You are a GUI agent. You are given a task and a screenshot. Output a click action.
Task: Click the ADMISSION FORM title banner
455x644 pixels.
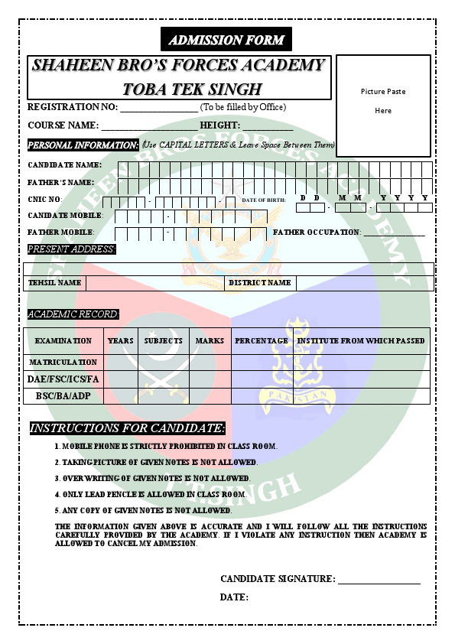coord(226,40)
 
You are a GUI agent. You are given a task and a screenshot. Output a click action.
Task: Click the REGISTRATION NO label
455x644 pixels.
coord(73,107)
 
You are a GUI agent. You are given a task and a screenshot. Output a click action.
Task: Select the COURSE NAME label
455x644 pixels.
coord(63,125)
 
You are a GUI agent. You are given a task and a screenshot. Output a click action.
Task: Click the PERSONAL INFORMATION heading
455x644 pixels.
coord(83,145)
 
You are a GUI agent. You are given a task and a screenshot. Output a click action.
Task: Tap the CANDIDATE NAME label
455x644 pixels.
coord(64,165)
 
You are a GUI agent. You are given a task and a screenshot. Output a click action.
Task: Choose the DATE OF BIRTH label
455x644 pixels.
coord(264,200)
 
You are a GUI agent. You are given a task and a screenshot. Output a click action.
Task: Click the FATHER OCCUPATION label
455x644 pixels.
coord(317,232)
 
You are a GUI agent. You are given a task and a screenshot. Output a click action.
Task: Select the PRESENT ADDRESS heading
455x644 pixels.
coord(71,249)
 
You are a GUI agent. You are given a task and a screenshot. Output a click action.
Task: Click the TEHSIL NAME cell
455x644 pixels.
coord(54,283)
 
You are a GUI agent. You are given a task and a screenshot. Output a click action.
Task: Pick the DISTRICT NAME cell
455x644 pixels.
coord(260,283)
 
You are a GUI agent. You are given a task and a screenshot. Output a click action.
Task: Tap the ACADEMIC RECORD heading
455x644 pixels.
coord(73,314)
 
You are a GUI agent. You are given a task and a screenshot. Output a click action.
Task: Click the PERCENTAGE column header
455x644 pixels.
coord(262,341)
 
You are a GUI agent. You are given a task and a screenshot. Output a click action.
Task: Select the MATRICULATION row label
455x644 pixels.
coord(63,363)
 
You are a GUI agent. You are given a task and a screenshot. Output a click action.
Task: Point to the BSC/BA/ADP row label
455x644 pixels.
coord(63,396)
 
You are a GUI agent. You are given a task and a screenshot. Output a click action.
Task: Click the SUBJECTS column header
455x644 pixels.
coord(164,341)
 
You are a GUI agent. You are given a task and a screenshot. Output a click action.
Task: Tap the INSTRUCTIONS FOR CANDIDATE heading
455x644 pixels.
coord(127,428)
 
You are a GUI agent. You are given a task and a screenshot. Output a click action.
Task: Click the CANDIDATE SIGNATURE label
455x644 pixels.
coord(278,579)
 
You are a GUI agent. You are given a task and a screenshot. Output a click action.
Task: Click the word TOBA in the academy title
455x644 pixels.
coord(148,88)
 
